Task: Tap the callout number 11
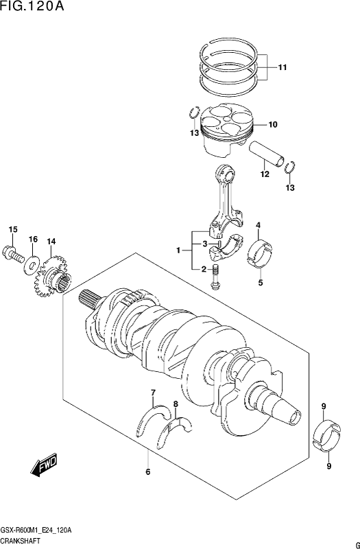283,67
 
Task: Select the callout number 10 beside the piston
273,124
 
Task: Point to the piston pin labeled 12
266,154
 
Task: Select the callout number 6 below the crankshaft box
148,472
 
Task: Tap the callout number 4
259,225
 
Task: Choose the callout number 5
261,283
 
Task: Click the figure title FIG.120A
32,6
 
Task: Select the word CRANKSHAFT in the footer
20,541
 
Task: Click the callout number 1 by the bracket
178,250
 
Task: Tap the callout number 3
205,244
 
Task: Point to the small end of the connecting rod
225,172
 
